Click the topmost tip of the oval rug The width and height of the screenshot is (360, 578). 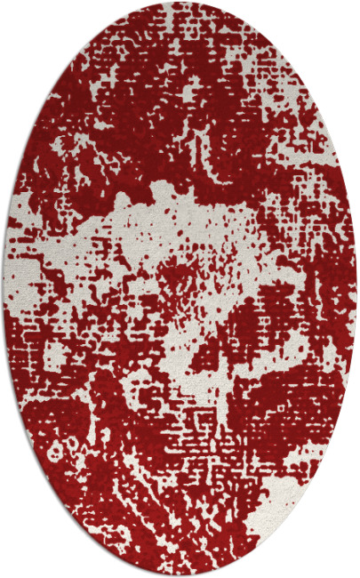180,3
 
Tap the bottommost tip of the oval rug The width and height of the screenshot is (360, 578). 180,575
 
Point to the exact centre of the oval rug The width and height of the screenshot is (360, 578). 180,289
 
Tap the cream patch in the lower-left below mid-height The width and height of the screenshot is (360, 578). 53,356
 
